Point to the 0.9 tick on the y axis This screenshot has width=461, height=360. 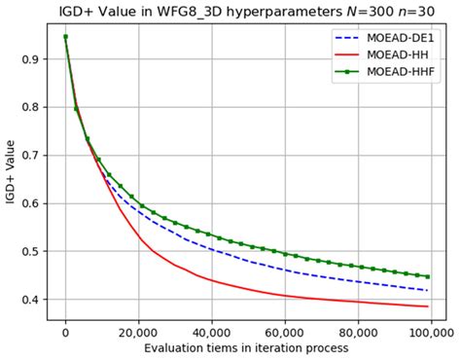tap(32, 59)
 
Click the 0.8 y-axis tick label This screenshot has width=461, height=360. tap(32, 107)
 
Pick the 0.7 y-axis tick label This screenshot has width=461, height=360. tap(32, 156)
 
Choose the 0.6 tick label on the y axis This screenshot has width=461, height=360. tap(32, 203)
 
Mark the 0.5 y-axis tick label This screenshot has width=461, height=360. tap(32, 252)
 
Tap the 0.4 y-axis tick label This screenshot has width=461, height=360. tap(32, 300)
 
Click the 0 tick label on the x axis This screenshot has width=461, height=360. tap(65, 333)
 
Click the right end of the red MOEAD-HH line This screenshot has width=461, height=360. tap(427, 306)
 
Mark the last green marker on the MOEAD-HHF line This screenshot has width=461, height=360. tap(427, 276)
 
